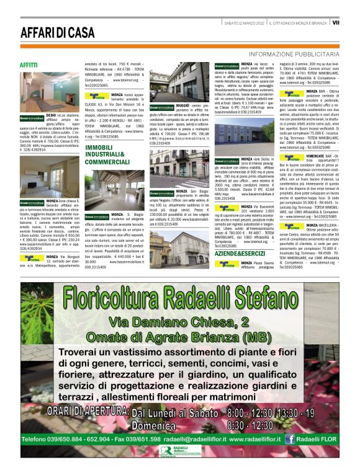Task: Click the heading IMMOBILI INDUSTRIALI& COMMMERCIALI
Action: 109,154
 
